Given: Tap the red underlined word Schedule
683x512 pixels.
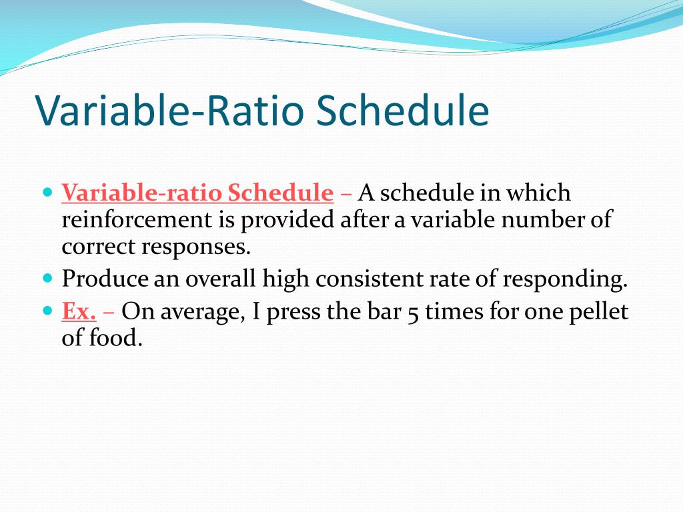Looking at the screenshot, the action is [x=281, y=193].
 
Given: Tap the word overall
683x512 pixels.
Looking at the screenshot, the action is [x=220, y=278].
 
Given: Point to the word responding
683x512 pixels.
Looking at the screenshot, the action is [x=565, y=279].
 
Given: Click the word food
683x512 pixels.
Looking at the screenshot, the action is [x=115, y=338].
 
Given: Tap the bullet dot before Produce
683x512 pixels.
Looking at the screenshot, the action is [x=48, y=277].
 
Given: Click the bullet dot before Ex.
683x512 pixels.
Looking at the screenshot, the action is [x=48, y=311].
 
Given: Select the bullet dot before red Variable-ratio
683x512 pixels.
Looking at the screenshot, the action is [x=48, y=191].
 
